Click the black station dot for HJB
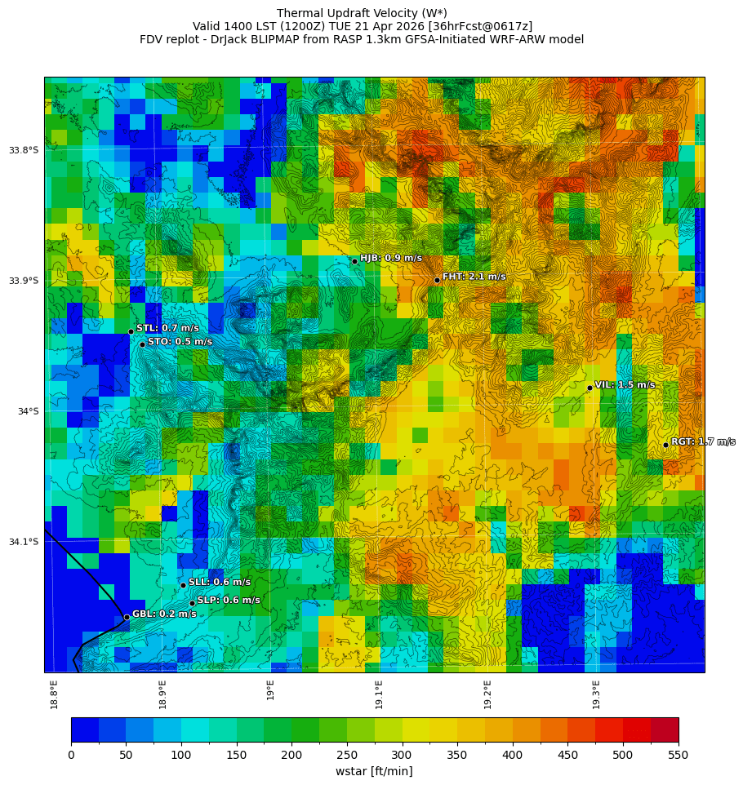354,261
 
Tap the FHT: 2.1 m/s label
474,277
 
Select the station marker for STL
131,331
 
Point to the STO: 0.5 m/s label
180,342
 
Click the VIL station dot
590,388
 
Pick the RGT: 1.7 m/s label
702,441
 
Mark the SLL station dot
183,585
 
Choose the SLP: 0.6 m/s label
229,600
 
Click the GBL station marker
127,617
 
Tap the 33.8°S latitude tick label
24,150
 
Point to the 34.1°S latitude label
24,542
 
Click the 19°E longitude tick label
271,690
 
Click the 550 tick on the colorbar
678,755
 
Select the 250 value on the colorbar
347,755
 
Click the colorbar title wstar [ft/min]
374,771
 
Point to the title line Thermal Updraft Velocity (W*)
362,13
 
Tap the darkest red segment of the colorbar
665,730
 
